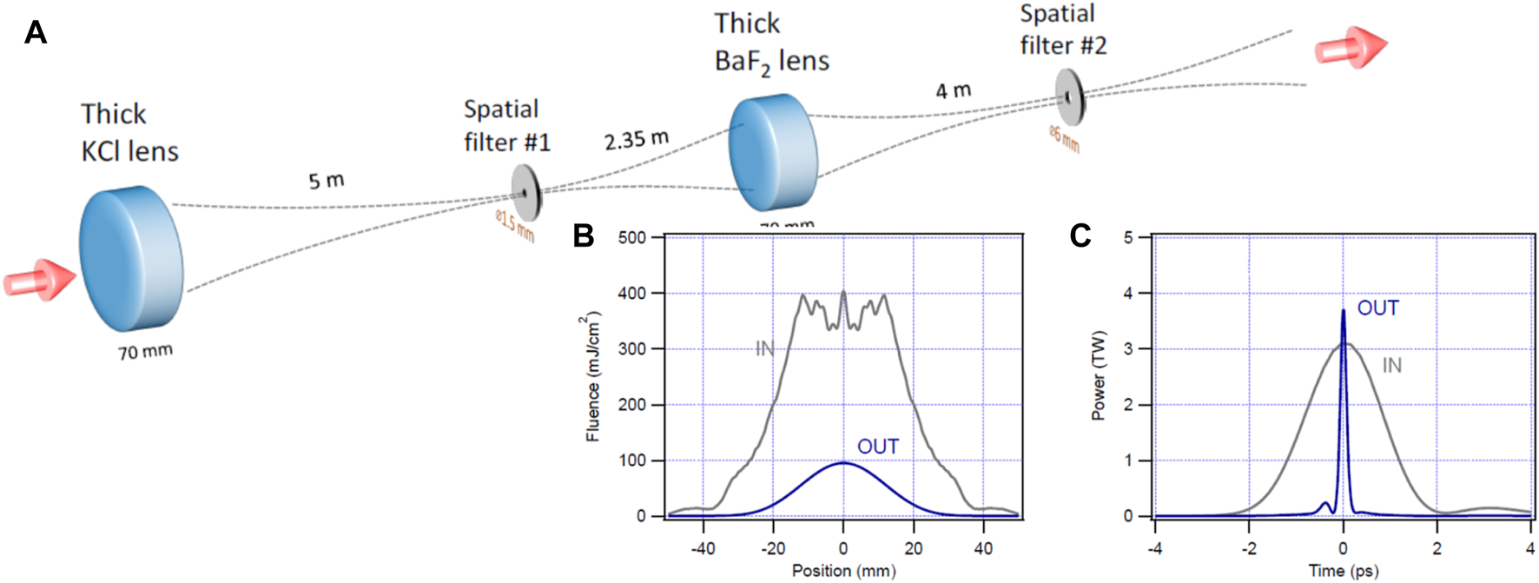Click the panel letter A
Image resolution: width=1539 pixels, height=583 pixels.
(36, 33)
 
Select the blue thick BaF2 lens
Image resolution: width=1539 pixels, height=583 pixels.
(772, 154)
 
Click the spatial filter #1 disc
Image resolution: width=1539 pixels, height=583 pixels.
(525, 193)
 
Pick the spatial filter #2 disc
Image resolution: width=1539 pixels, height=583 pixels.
(1070, 97)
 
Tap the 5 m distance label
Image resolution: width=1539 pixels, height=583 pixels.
(327, 181)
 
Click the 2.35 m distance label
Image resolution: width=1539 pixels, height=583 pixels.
(637, 139)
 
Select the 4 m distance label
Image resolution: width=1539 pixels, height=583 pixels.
(953, 90)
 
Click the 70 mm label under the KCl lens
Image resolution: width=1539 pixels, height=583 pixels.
(145, 352)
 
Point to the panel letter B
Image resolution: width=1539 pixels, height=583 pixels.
(584, 235)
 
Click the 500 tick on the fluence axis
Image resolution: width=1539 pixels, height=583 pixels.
(632, 238)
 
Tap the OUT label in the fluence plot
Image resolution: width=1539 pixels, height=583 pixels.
(877, 447)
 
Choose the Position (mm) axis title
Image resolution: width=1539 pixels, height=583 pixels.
(843, 570)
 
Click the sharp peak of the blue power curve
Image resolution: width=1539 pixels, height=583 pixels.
(1343, 312)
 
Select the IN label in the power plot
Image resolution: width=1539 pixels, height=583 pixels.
(1391, 366)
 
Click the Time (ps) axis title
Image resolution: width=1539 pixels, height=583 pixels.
(1343, 570)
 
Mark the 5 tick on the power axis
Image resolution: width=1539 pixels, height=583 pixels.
(1129, 238)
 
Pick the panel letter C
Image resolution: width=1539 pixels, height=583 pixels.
(1080, 235)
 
